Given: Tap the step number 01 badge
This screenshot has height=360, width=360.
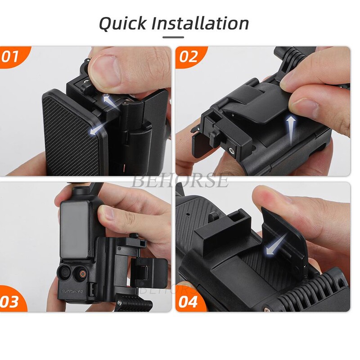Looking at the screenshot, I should coord(11,58).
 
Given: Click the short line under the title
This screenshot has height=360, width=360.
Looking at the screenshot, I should coord(173,37).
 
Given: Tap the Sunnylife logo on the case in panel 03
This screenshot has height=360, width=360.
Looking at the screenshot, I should coord(72,291).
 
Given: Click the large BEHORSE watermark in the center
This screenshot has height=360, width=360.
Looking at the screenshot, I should coord(180,181).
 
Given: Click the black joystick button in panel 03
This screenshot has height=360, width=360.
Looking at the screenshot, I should coord(67,273).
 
